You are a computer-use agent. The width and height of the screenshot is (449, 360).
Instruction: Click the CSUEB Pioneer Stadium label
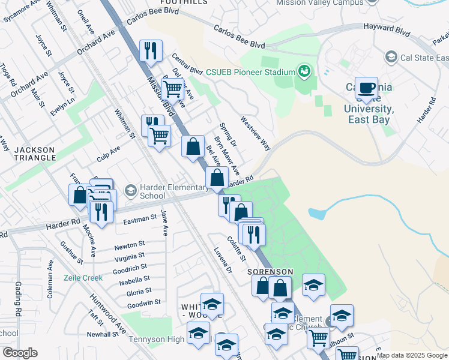(250, 73)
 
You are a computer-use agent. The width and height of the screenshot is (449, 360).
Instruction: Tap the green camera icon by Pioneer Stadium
(305, 72)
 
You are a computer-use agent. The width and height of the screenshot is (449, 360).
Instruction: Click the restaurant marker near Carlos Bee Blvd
(151, 51)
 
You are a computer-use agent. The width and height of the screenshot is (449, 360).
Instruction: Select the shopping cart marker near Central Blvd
(172, 89)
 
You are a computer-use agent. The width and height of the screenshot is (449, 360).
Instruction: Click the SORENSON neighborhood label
(270, 272)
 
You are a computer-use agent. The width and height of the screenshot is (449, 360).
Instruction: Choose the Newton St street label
(130, 245)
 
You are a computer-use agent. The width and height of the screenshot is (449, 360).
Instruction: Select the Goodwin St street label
(144, 304)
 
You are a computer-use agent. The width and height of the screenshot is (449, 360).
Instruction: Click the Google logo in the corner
(20, 353)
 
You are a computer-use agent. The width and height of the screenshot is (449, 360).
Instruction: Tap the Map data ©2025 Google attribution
(412, 355)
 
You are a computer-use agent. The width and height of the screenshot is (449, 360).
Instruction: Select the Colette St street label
(237, 248)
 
